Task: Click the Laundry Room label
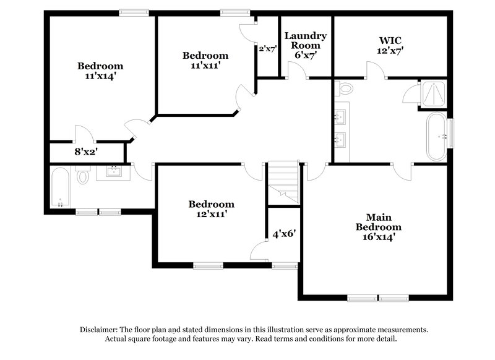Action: pos(306,45)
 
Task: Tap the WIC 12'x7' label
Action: pos(390,45)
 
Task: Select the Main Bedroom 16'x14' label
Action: pos(375,226)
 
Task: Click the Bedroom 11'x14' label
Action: pos(100,71)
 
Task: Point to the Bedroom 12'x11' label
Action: pos(212,209)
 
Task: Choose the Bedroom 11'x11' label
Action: pos(205,60)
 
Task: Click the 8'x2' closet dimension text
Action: pos(87,151)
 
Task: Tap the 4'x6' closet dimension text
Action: pos(284,234)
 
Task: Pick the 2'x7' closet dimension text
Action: pos(267,48)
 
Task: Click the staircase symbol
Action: pos(283,182)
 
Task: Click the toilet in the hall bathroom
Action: pos(83,177)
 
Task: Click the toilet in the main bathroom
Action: pos(344,89)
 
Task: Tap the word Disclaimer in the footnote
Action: pos(99,330)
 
